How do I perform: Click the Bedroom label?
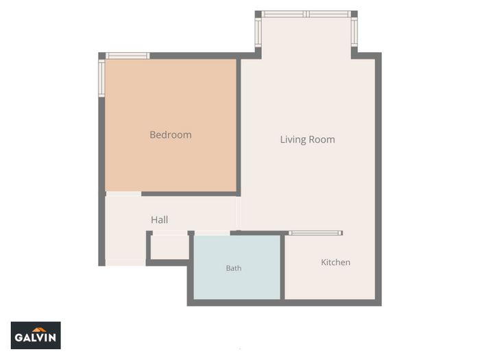click(171, 134)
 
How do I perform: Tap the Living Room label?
click(307, 140)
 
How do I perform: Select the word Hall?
click(159, 219)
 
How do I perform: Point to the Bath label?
click(234, 268)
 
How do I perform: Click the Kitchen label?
click(335, 263)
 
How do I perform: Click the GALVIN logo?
click(36, 335)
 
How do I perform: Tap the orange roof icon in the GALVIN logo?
click(39, 330)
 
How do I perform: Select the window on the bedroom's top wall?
click(128, 56)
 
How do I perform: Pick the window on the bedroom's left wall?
click(101, 78)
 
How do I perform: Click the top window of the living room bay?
click(306, 14)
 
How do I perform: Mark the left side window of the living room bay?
click(258, 32)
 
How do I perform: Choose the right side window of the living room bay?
click(355, 32)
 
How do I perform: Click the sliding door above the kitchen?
click(315, 233)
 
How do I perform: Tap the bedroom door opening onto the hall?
click(123, 194)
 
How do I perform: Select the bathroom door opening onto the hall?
click(212, 233)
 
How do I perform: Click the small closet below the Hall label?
click(170, 247)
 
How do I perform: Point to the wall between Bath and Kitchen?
click(283, 267)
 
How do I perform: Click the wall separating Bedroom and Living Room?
click(239, 125)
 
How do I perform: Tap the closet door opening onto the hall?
click(170, 233)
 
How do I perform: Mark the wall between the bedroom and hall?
click(191, 194)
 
